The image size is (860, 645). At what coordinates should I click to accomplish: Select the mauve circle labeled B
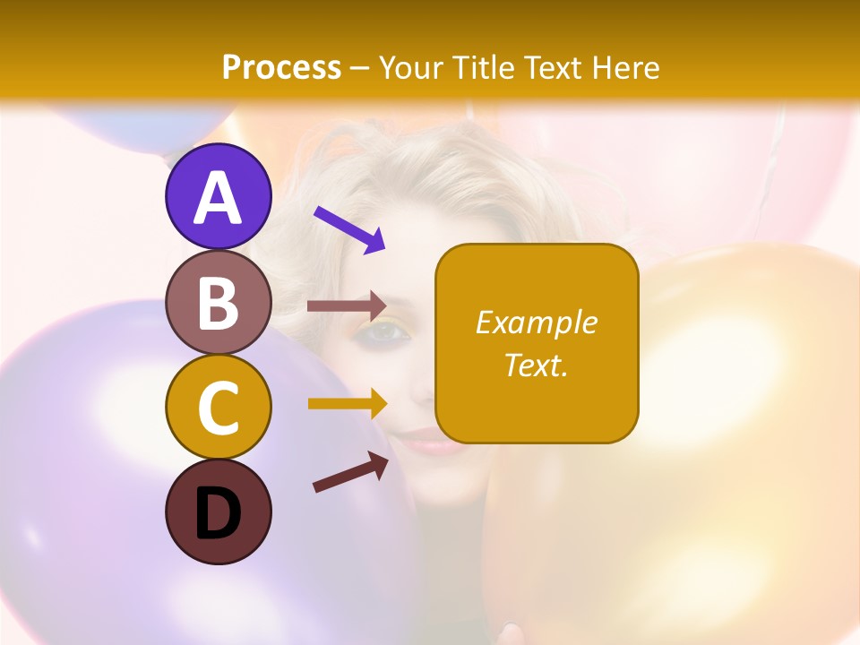(218, 302)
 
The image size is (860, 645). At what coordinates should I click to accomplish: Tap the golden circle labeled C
(218, 407)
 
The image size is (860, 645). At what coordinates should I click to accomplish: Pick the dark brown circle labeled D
(218, 512)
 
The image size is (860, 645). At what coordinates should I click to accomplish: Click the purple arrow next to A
(349, 230)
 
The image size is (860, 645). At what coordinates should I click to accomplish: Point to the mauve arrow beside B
(347, 305)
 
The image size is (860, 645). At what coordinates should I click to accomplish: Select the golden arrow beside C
(347, 403)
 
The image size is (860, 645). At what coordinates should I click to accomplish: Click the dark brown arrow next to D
(350, 472)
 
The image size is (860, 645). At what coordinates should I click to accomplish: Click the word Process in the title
(281, 67)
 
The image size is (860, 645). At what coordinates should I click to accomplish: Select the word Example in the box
(536, 322)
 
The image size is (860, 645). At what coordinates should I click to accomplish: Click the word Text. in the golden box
(536, 365)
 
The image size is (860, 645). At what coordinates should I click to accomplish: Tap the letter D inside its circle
(218, 513)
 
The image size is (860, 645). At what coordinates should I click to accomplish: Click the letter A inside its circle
(218, 197)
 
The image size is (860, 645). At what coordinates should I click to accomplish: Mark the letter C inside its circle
(218, 407)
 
